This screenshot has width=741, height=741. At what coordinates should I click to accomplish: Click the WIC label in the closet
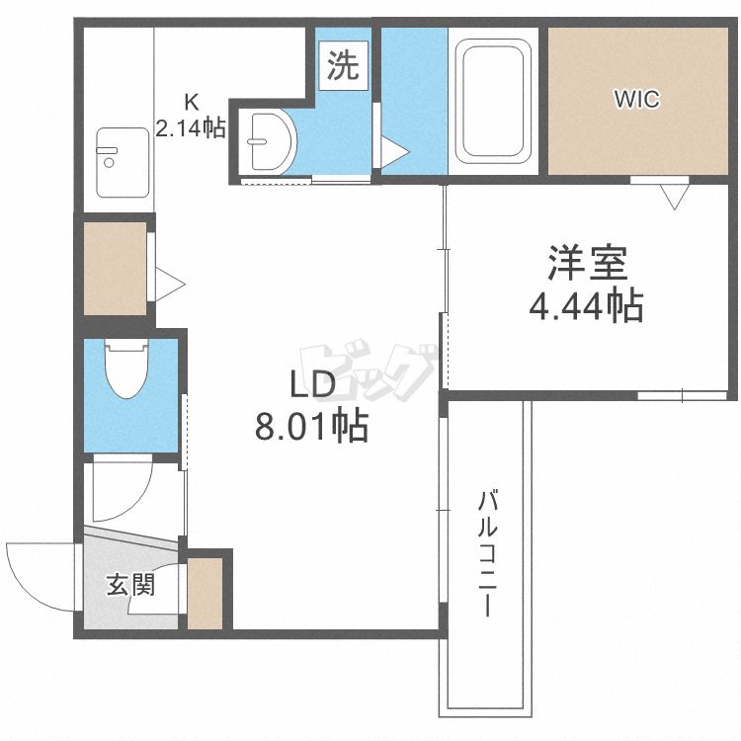tap(636, 99)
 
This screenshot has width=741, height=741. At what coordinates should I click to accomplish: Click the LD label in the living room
tap(312, 383)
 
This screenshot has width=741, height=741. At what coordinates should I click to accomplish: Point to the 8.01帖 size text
tap(312, 426)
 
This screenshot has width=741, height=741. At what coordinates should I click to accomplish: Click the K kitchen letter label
tap(192, 102)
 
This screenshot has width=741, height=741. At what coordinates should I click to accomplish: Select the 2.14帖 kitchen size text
tap(192, 126)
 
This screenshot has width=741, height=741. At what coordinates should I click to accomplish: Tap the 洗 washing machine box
tap(343, 66)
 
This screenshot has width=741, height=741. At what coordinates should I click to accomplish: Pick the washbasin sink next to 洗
tap(268, 140)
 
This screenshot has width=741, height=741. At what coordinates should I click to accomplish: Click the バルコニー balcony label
tap(487, 553)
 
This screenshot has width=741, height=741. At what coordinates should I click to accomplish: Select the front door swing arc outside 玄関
tap(38, 576)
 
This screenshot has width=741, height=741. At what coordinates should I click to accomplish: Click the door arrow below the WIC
tap(674, 196)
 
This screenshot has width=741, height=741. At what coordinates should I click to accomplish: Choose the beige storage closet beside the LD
tap(115, 269)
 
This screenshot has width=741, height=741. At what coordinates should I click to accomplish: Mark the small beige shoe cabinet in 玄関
tap(206, 593)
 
